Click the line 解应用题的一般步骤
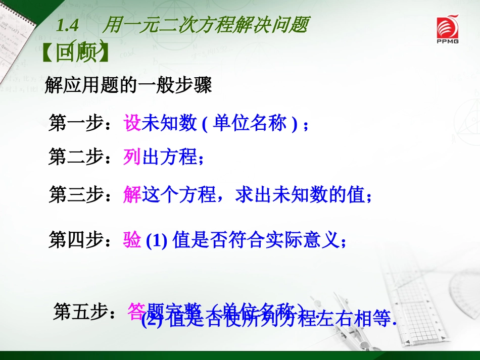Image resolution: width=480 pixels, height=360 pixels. [128, 85]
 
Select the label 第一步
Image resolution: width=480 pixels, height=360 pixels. [76, 123]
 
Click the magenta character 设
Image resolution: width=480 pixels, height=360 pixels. [132, 123]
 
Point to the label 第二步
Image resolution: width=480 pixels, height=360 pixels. [76, 158]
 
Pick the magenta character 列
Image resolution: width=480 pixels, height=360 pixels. [132, 158]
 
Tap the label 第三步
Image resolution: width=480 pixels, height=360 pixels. [76, 194]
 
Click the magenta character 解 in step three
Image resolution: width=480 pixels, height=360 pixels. [132, 194]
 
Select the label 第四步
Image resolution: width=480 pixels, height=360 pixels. [76, 240]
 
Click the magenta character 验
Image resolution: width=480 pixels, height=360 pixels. [132, 240]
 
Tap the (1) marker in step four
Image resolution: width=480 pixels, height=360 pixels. [157, 241]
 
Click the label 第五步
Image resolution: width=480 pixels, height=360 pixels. [81, 312]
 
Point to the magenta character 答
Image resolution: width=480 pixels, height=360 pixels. [137, 311]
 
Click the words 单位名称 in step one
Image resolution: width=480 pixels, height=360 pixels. [250, 123]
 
